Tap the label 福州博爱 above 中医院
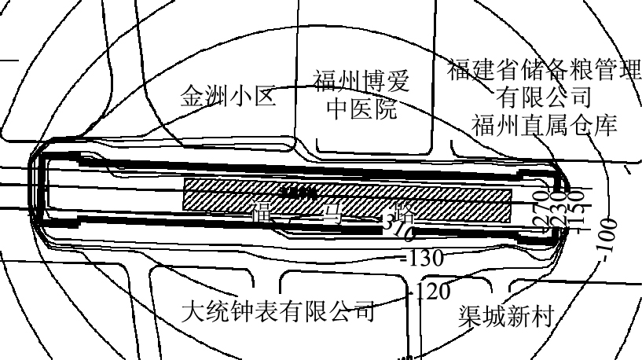pos(361,81)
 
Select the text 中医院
pos(361,108)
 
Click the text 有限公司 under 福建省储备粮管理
pos(544,97)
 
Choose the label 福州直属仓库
pos(545,124)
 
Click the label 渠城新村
pos(507,316)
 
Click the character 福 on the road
pos(262,211)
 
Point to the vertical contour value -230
pos(559,209)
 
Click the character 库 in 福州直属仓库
pos(606,124)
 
